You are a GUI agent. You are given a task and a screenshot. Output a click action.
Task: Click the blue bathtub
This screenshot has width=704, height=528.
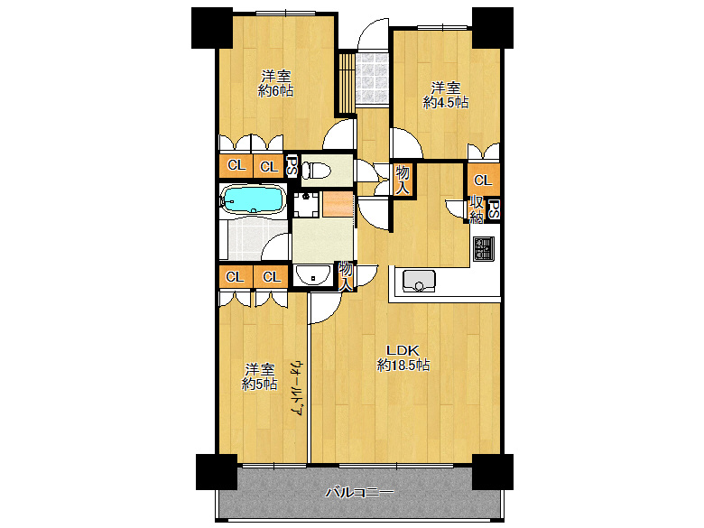(254, 199)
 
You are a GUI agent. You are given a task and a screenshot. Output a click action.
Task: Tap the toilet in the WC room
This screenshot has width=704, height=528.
(316, 171)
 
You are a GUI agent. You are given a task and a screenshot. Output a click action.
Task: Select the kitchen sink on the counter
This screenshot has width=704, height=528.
(419, 280)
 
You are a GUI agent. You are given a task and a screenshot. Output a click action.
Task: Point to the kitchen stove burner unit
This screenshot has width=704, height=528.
(484, 249)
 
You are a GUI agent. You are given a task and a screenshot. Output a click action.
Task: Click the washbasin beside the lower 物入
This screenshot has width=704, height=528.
(313, 274)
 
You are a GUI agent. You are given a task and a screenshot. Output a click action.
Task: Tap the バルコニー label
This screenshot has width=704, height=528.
(359, 493)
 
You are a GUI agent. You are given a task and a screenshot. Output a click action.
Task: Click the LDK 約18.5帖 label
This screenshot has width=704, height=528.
(403, 357)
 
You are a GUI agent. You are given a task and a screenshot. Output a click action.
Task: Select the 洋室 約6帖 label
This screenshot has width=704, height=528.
(275, 84)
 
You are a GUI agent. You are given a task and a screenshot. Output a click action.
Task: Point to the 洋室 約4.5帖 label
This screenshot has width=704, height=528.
(445, 95)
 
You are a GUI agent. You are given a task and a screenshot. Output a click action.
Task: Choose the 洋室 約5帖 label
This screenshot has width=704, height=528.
(259, 376)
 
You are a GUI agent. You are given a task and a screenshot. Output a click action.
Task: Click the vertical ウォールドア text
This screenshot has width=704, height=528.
(297, 388)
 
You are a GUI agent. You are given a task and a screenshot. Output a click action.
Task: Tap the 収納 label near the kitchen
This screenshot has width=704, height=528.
(477, 209)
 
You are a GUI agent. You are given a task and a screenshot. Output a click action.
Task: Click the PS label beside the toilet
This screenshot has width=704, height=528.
(292, 166)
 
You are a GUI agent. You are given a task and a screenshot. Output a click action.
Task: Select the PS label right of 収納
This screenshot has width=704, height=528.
(494, 209)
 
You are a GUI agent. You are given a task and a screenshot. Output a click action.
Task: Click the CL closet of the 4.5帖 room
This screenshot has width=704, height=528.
(483, 180)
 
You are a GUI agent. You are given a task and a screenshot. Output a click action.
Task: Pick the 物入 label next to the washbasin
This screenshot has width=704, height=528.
(346, 276)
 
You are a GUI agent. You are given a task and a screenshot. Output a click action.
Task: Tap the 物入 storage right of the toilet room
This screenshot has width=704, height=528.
(403, 180)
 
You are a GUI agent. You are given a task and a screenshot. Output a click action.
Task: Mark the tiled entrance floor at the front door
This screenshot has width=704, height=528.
(372, 79)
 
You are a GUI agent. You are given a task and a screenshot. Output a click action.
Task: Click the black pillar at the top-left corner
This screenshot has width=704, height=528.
(212, 28)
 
